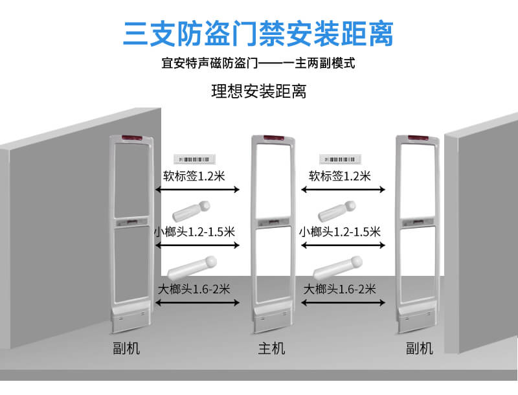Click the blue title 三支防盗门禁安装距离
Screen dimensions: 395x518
coord(258,34)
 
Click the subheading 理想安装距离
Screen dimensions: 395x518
coord(258,91)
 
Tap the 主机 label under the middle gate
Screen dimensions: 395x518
coord(271,348)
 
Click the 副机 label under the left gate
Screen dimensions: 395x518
coord(126,348)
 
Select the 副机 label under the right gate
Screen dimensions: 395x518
coord(419,348)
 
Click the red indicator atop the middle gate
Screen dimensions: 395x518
coord(271,139)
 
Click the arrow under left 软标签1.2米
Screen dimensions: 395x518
coord(197,189)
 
